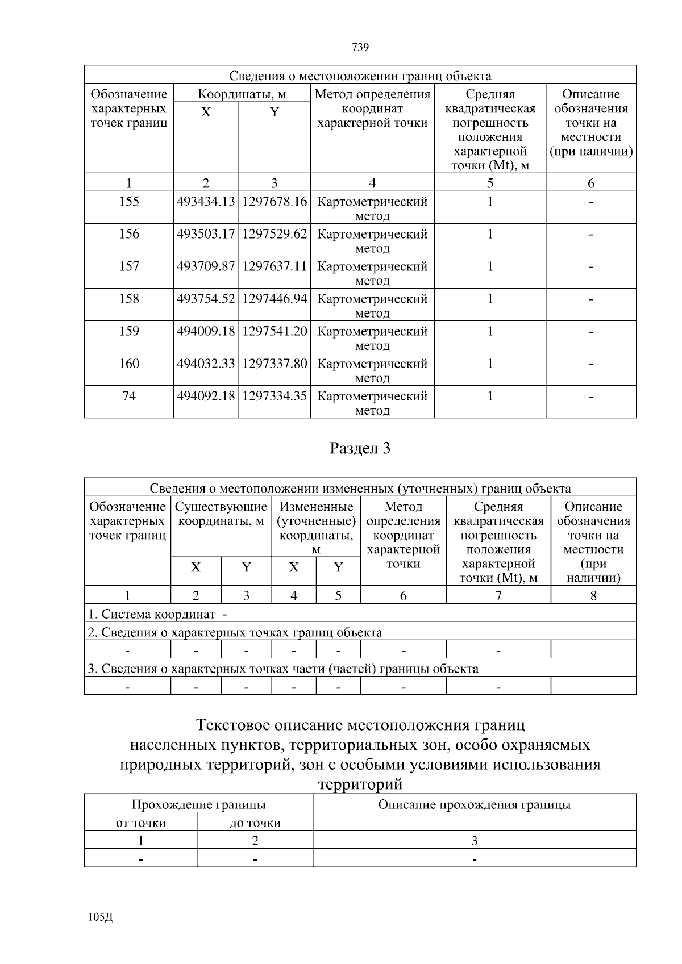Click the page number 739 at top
click(360, 47)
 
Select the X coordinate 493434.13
click(206, 202)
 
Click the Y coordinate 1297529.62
click(275, 234)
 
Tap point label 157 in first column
click(129, 266)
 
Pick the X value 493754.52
click(206, 299)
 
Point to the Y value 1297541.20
click(275, 331)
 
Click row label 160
click(129, 364)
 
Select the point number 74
click(129, 396)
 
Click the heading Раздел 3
click(360, 449)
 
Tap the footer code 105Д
click(101, 917)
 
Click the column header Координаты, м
click(242, 94)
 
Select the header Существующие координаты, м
click(221, 514)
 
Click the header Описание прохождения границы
click(474, 805)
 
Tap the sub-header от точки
click(141, 823)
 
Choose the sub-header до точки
click(255, 823)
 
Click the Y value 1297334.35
click(275, 396)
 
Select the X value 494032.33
click(206, 364)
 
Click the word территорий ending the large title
click(360, 784)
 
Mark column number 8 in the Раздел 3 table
click(593, 596)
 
